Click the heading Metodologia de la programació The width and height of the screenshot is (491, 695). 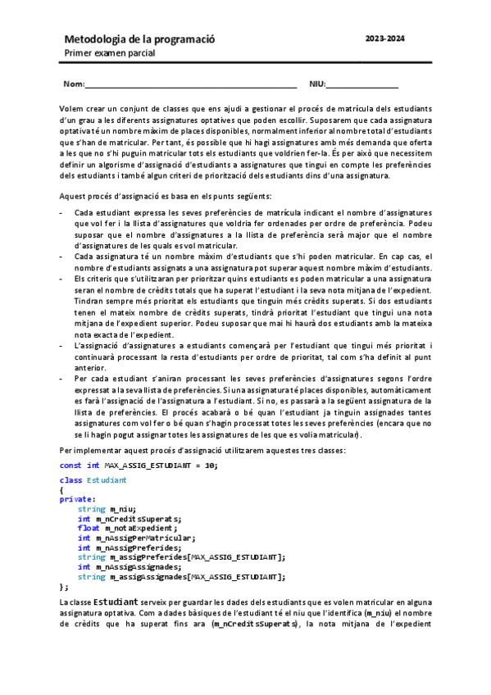pos(139,39)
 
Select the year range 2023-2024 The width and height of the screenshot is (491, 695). pos(384,39)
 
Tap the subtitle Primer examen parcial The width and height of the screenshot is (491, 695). pos(110,53)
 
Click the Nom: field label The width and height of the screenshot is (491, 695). pos(73,84)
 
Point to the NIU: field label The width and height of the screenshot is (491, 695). pos(317,84)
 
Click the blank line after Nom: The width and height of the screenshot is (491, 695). pos(190,85)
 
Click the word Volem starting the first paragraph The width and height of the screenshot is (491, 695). pos(71,109)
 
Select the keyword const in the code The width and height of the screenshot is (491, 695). pos(70,466)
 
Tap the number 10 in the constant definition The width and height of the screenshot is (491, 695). pos(211,466)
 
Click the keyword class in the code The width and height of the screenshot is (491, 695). pos(70,479)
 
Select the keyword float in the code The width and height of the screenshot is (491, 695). pos(89,528)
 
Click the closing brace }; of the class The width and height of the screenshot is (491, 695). pos(64,587)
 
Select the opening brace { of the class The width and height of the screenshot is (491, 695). pos(62,489)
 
